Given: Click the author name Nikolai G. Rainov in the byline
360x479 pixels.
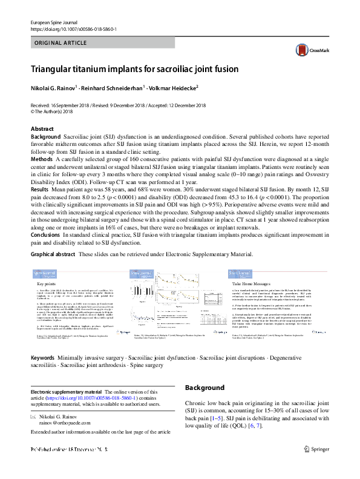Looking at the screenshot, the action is coord(56,88).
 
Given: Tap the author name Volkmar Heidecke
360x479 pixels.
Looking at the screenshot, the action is coord(174,88).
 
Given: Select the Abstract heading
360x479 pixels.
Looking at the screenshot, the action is coord(42,130).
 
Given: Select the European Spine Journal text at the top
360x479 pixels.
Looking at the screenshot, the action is coord(53,22).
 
